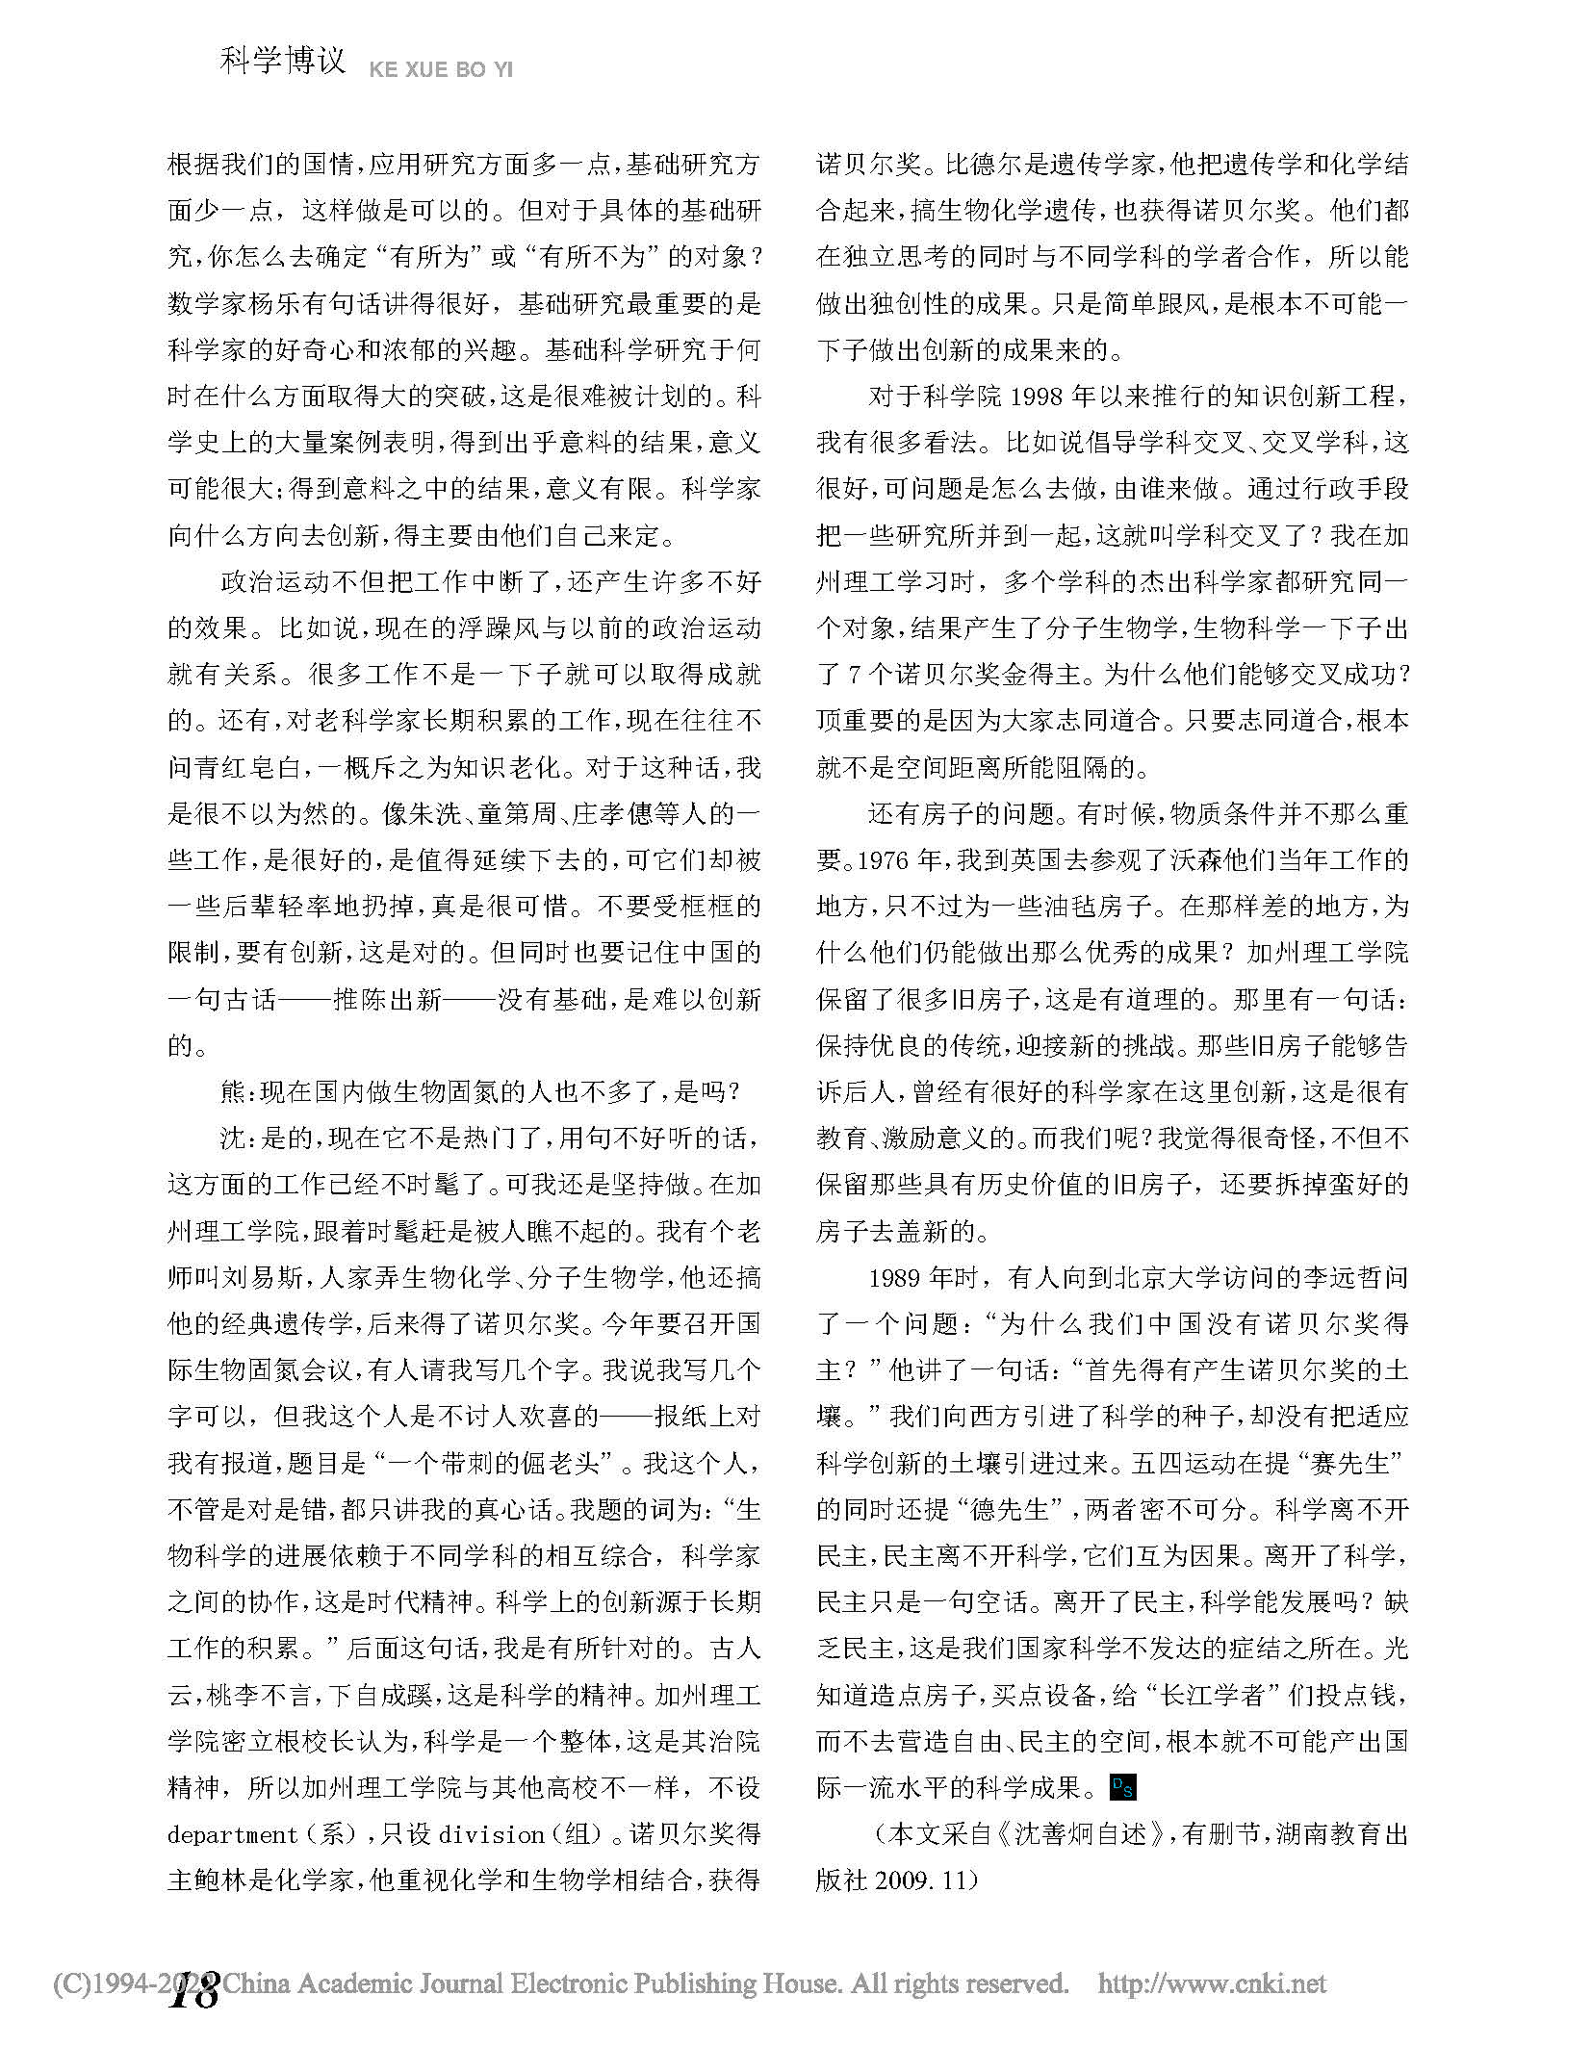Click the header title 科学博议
coord(281,61)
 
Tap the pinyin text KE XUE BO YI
coord(440,70)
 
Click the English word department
coord(232,1834)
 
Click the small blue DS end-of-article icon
coord(1122,1788)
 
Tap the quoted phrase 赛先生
coord(1357,1463)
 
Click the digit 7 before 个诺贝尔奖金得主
coord(855,674)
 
